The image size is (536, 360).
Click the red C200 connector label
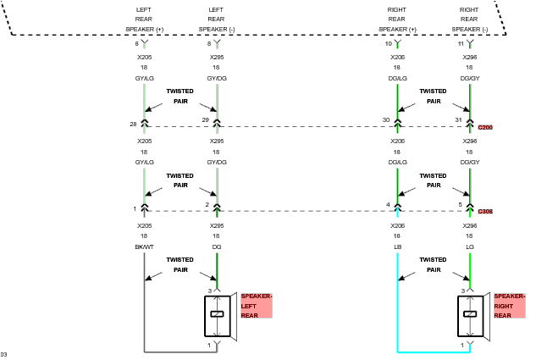[x=485, y=127]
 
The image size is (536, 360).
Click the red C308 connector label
[x=485, y=212]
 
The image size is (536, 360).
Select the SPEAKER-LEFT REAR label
[x=256, y=306]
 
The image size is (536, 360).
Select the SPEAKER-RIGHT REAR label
[x=510, y=306]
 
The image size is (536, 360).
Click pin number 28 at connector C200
[x=133, y=124]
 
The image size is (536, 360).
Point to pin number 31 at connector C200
[x=459, y=120]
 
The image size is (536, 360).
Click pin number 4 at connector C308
[x=389, y=205]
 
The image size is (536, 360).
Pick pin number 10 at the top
[x=389, y=43]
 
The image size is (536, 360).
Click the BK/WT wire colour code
[x=145, y=247]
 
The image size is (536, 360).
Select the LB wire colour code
[x=397, y=247]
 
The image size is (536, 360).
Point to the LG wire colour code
[x=469, y=247]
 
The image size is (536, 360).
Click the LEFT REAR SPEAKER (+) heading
[x=145, y=19]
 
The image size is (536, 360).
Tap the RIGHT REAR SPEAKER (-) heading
[x=469, y=19]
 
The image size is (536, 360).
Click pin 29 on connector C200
[x=206, y=120]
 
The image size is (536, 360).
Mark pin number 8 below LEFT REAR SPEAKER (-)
[x=208, y=43]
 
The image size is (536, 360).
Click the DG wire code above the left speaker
[x=217, y=247]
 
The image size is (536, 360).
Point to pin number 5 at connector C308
[x=461, y=205]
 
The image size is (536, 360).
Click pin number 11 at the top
[x=461, y=43]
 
